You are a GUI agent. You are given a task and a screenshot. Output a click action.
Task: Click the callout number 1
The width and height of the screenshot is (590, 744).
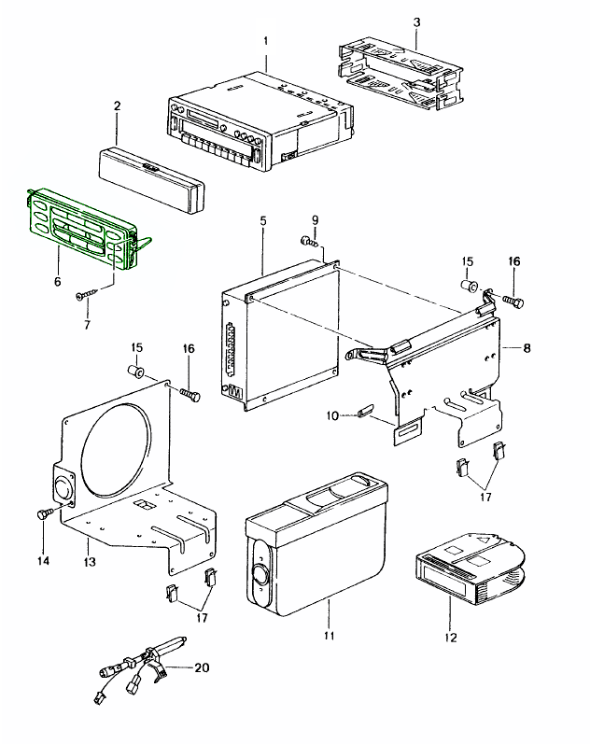265,41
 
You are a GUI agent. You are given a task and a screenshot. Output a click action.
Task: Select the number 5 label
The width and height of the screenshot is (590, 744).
263,220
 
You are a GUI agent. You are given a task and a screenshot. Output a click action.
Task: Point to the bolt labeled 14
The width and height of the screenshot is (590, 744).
43,513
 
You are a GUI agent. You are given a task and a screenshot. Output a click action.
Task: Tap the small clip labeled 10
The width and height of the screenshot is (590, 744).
364,411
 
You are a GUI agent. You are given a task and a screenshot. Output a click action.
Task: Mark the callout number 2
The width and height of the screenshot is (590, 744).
118,106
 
